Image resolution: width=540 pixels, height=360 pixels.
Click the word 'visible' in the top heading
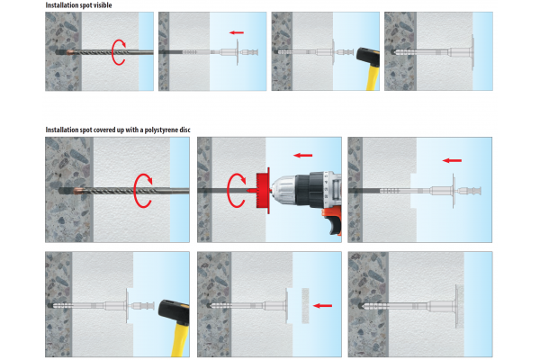click(102, 5)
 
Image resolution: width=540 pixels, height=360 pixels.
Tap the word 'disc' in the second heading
click(184, 130)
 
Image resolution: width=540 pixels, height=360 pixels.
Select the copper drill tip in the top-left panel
click(70, 52)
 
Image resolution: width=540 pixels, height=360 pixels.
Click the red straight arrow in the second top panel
click(236, 32)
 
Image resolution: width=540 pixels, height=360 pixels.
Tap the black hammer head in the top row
click(368, 57)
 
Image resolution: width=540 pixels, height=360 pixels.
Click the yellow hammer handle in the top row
click(373, 78)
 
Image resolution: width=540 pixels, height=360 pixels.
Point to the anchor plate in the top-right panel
click(472, 52)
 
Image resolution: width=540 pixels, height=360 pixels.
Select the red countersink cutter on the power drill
click(262, 191)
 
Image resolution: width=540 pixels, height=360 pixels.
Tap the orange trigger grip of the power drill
click(331, 222)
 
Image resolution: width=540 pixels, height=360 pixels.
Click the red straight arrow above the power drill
click(302, 156)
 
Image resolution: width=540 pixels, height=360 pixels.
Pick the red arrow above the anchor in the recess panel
click(452, 160)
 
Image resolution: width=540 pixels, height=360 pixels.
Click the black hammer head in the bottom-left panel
click(174, 312)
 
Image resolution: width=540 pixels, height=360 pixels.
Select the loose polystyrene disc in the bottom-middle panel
click(305, 306)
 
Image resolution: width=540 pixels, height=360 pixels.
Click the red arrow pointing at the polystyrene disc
click(323, 306)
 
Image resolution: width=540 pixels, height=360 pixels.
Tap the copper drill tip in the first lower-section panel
click(78, 191)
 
